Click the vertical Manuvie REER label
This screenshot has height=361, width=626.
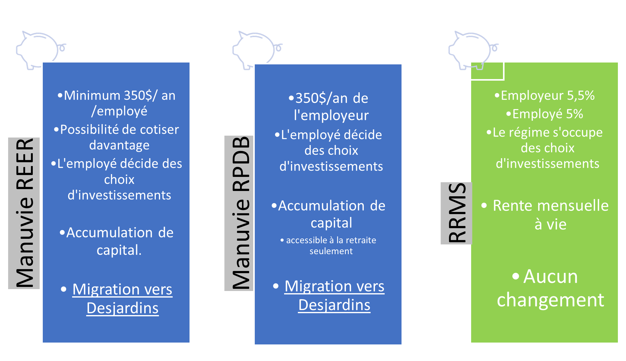pos(24,213)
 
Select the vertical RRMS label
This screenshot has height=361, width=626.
pos(456,213)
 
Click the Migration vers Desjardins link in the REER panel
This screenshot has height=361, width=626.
pos(122,298)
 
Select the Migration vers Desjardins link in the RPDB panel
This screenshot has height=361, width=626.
pos(334,295)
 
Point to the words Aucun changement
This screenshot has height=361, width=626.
pos(550,288)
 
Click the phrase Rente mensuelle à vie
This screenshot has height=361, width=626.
pos(550,215)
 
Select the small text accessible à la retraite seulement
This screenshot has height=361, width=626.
pos(331,246)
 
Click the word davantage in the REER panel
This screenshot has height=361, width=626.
pos(119,145)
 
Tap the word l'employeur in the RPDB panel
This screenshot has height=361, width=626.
pos(331,116)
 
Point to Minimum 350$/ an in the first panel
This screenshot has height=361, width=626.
pos(119,96)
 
